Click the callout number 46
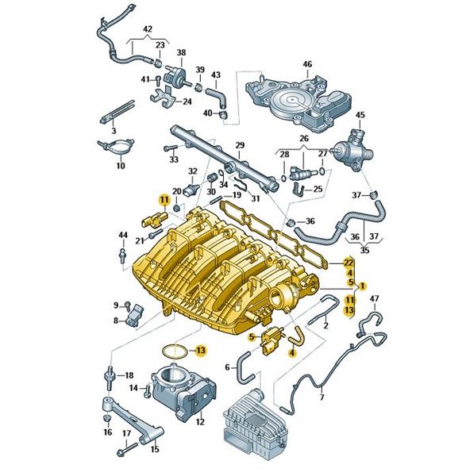(307, 64)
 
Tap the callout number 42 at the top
(148, 29)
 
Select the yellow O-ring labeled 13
(175, 351)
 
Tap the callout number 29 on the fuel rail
(240, 145)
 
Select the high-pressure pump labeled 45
(354, 149)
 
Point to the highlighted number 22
(349, 263)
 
